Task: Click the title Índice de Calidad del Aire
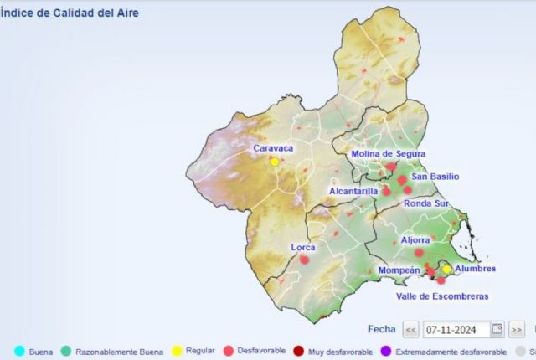70,13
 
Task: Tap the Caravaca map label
274,148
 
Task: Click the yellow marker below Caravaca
274,162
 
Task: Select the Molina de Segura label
388,153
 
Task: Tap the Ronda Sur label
426,203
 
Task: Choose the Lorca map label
303,247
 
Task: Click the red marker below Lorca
304,260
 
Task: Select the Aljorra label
415,240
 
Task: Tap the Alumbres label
475,269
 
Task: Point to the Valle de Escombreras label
442,296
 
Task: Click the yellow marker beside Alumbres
447,270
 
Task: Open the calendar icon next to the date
497,328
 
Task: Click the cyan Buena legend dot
19,351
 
